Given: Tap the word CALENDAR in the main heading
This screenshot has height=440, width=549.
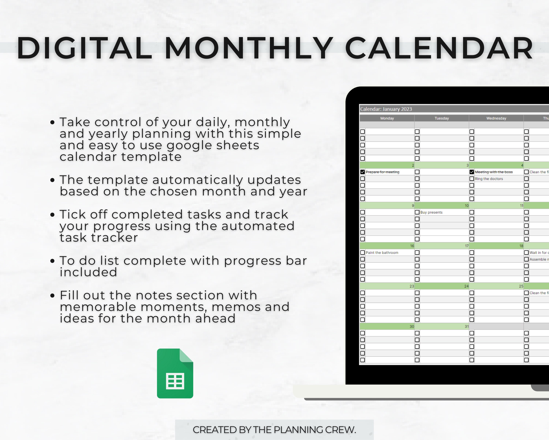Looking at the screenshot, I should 439,48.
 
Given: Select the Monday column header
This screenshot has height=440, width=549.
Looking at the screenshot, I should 387,118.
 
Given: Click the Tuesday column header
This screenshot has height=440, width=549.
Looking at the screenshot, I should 442,118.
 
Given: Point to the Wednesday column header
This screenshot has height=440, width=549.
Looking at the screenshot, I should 496,118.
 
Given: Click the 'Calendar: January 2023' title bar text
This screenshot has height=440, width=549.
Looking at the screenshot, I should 386,109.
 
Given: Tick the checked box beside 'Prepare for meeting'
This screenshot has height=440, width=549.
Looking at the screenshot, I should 363,172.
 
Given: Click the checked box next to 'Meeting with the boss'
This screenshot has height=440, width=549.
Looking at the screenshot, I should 472,172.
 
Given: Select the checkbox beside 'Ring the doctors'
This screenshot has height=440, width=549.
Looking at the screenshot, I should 472,179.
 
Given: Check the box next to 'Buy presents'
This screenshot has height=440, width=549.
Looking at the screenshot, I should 417,212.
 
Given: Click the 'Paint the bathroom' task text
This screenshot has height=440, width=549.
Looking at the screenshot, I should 382,252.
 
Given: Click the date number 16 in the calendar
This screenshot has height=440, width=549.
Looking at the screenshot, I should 412,246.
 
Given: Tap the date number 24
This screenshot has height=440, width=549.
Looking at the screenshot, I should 466,286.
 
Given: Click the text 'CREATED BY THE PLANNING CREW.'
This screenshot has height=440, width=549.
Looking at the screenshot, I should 274,430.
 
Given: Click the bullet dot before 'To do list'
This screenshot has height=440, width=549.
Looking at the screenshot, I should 53,261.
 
